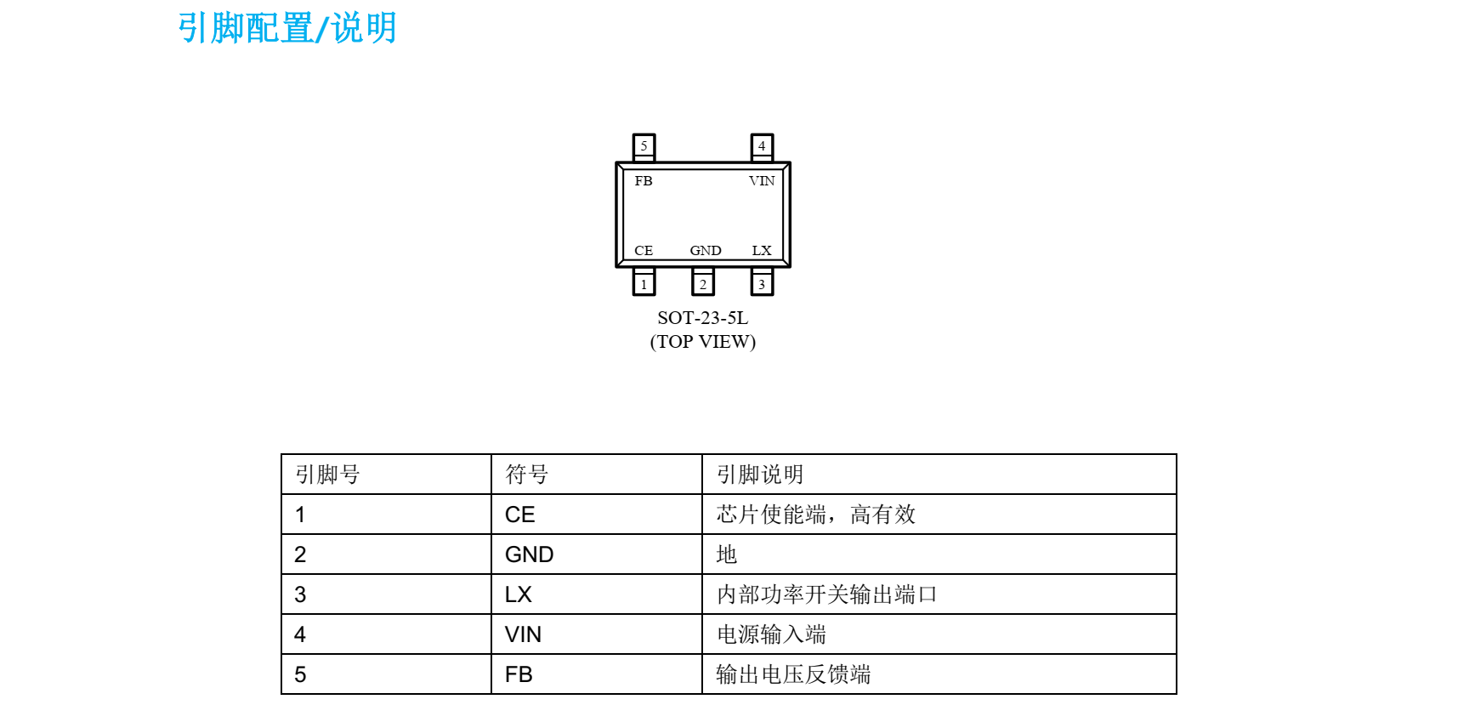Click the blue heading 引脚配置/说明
pyautogui.click(x=287, y=28)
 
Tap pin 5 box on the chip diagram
pyautogui.click(x=644, y=146)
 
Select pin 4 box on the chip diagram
pyautogui.click(x=762, y=146)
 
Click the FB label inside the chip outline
pyautogui.click(x=644, y=181)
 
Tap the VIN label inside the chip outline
pyautogui.click(x=762, y=181)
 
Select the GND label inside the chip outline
pyautogui.click(x=706, y=251)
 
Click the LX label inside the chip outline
pyautogui.click(x=762, y=251)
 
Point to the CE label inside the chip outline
pyautogui.click(x=644, y=251)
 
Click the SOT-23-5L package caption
pyautogui.click(x=703, y=318)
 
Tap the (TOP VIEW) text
pyautogui.click(x=703, y=342)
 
